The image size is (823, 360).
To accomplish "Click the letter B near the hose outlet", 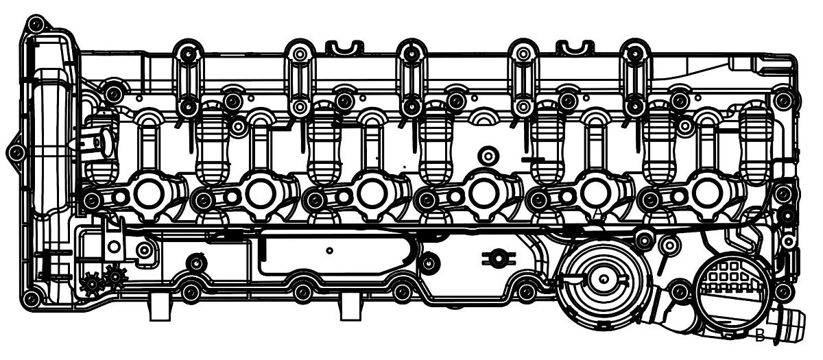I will coord(759,336).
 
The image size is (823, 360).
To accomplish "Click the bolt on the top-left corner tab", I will coord(36,26).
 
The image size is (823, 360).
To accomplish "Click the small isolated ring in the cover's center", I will coord(488,156).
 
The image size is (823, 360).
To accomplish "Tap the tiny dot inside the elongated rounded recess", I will coord(330,250).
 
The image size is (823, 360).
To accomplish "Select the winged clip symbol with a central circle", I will coord(499,259).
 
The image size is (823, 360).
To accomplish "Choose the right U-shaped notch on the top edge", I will coord(575,47).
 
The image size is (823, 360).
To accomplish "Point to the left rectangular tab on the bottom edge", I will coord(159,309).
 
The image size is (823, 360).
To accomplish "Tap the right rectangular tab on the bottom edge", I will coord(350,309).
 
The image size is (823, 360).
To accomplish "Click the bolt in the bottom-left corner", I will coord(32,299).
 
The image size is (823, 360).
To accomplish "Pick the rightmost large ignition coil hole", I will coord(706,194).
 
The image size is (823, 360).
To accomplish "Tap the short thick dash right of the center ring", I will coord(532,160).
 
